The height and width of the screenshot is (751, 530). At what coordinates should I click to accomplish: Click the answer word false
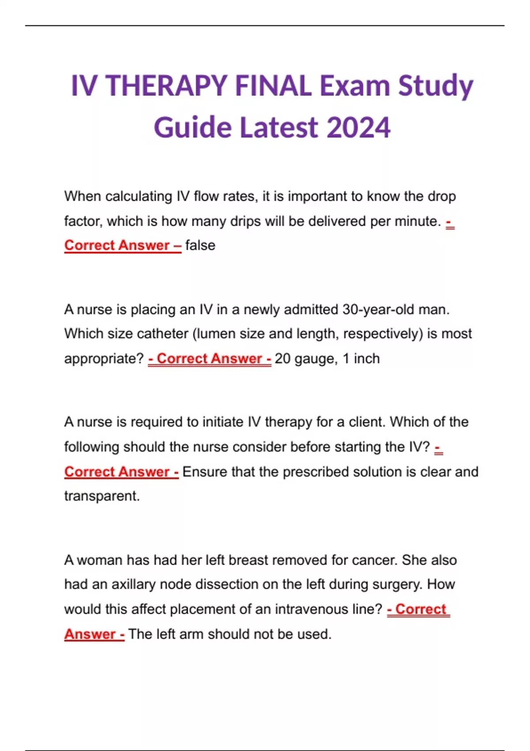coord(200,245)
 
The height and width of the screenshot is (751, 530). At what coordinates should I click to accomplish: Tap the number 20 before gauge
coord(282,358)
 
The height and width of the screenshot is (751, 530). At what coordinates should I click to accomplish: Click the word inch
coord(367,358)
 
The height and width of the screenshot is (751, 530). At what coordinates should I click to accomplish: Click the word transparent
coord(102,496)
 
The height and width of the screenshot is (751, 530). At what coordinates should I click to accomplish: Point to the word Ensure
coord(205,472)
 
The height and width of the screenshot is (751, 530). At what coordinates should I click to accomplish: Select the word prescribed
coord(312,472)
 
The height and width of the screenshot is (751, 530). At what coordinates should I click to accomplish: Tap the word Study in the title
coord(435,86)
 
